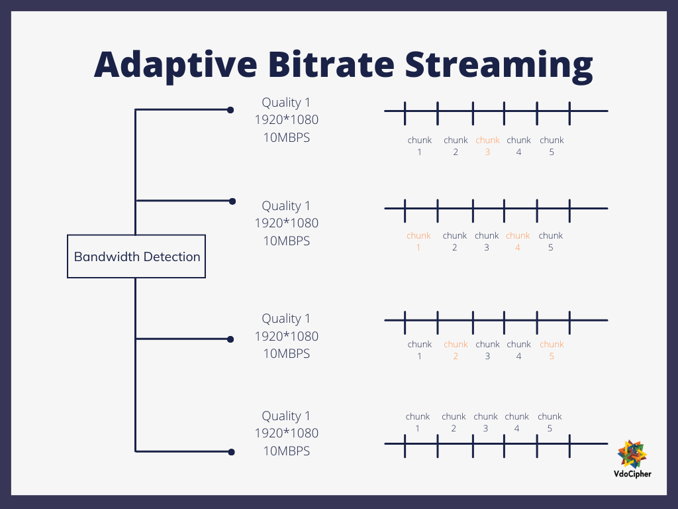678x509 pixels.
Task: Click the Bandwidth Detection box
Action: [x=136, y=256]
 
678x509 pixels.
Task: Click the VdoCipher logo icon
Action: [x=632, y=454]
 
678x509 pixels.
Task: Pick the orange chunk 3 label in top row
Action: [x=487, y=146]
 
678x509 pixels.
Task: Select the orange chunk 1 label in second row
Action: [x=418, y=241]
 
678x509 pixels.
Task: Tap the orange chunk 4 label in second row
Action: [x=518, y=241]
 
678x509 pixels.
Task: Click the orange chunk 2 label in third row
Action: [x=456, y=350]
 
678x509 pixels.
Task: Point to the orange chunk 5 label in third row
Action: [x=552, y=350]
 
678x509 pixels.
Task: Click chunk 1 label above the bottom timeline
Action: [x=418, y=422]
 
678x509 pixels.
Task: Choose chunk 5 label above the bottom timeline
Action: [x=550, y=422]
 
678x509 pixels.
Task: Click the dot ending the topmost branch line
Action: [x=230, y=110]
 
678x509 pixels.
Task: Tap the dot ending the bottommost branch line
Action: [x=231, y=452]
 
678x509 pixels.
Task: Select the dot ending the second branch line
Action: [x=231, y=201]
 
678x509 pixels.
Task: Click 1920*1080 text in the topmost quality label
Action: [x=286, y=121]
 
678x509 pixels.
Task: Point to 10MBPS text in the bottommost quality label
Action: [x=286, y=451]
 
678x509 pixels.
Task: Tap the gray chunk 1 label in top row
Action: [x=419, y=146]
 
